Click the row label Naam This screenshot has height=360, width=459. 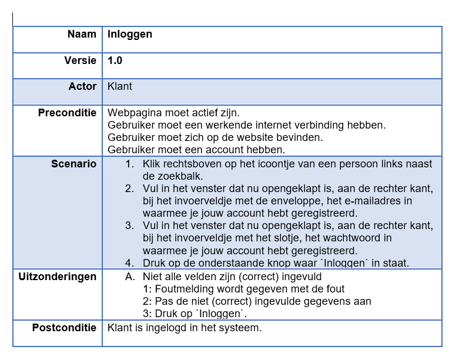(82, 34)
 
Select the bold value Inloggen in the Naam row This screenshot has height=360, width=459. (130, 34)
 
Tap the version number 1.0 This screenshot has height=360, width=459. (115, 60)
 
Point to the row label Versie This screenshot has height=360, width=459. (80, 60)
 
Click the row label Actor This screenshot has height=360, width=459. (82, 86)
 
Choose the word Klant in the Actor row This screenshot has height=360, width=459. (120, 86)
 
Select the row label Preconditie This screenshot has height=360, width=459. (67, 113)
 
